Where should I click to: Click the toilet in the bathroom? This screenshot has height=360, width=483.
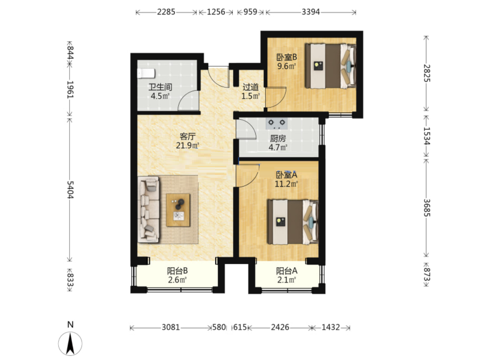146,74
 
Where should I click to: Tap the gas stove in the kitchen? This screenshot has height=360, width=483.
276,123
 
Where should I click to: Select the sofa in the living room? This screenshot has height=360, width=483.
149,209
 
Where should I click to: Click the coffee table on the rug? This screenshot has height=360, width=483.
178,210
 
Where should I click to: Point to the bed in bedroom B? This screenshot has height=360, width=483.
330,66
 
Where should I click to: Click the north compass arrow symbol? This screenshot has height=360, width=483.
70,343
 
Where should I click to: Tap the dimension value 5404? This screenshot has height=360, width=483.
70,190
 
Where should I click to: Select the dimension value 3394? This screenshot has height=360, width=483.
310,12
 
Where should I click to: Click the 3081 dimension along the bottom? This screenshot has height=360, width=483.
170,327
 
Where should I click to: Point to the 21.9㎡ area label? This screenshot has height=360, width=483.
187,145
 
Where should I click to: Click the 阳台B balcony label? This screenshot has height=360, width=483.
177,271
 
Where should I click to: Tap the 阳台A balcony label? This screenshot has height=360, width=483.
287,271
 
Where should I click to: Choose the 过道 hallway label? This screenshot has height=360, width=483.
251,87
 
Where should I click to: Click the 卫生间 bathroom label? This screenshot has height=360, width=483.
160,87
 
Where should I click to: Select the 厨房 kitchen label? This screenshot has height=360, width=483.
278,139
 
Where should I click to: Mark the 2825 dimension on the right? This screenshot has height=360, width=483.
426,73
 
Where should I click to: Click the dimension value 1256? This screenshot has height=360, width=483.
215,12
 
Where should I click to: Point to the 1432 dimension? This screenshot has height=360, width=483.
330,327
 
